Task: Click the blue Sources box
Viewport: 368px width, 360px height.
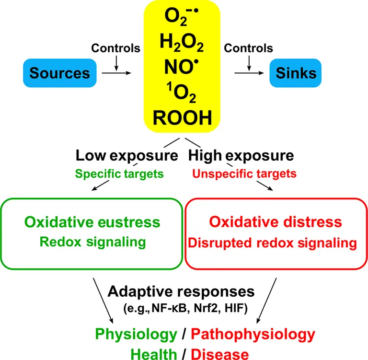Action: point(59,73)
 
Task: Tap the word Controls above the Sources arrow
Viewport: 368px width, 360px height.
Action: point(116,48)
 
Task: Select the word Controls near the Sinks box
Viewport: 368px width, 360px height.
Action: point(249,48)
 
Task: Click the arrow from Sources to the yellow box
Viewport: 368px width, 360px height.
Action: point(119,73)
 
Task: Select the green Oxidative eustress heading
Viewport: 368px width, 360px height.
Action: point(92,222)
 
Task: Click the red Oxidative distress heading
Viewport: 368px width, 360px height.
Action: point(276,222)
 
